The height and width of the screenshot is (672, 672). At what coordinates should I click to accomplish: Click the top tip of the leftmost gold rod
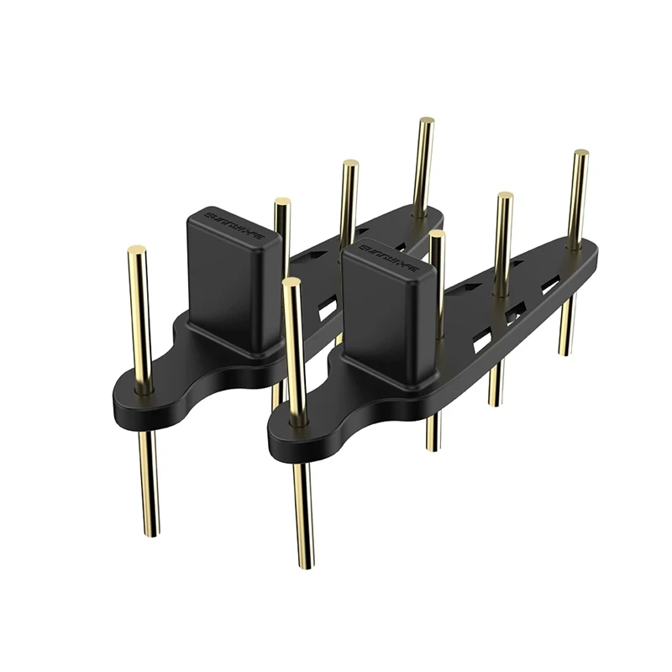137,249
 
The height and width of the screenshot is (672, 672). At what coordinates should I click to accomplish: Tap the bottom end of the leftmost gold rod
150,533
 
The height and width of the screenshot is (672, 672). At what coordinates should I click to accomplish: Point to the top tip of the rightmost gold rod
580,154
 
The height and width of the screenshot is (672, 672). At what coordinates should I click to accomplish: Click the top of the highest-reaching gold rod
427,121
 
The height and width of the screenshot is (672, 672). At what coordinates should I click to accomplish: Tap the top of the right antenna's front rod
291,282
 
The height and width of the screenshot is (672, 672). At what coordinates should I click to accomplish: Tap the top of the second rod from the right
505,197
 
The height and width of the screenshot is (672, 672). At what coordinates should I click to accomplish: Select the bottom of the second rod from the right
496,402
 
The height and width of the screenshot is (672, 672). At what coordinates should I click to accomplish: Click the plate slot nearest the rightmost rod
551,286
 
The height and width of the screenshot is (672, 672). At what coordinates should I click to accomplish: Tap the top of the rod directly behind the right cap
436,234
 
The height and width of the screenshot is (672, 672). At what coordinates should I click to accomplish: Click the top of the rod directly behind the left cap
282,202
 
